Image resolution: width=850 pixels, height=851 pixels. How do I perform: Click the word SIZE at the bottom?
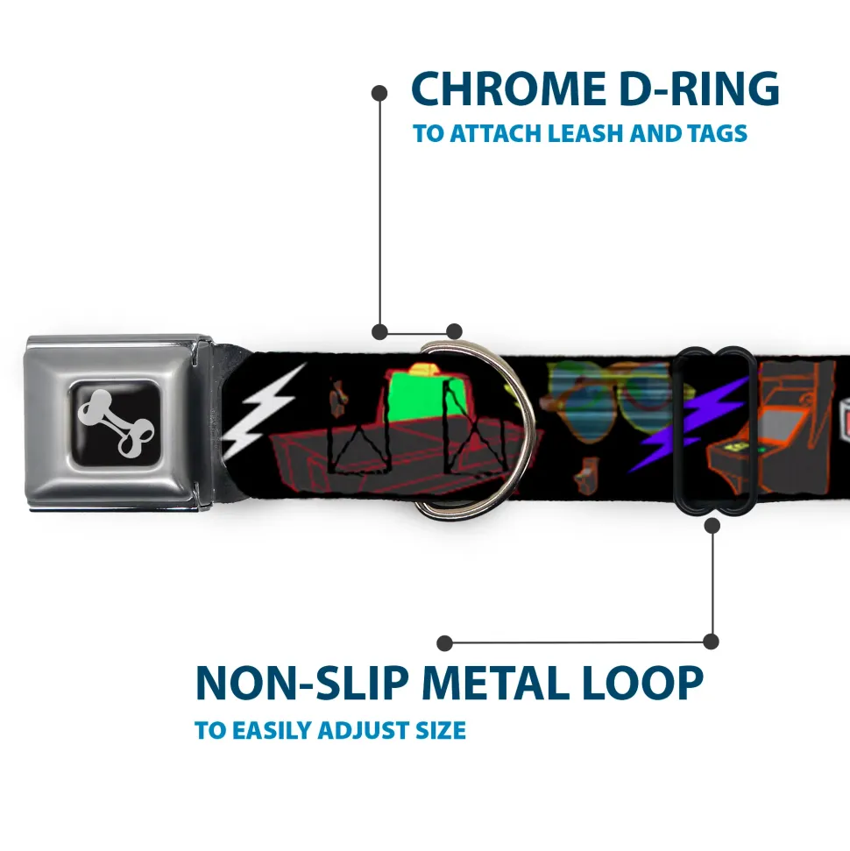(439, 730)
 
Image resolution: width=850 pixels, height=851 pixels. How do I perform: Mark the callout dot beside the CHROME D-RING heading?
(379, 91)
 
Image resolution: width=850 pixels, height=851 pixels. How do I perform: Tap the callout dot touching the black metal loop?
(712, 525)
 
